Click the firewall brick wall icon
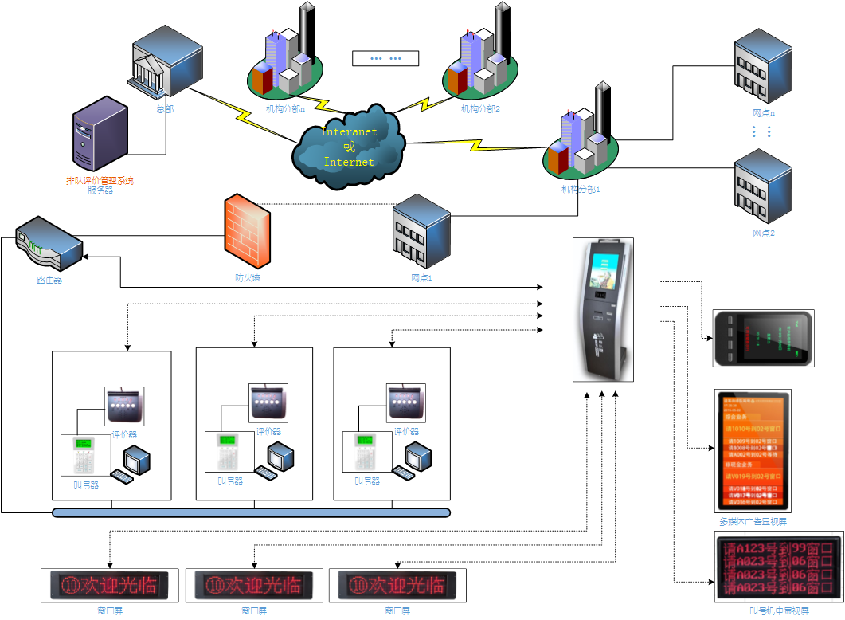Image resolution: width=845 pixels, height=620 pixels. coord(247,231)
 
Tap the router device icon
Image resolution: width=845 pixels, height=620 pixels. coord(49,244)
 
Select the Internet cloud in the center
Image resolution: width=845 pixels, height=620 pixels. coord(349,147)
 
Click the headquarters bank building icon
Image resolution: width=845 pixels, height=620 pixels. coord(166,64)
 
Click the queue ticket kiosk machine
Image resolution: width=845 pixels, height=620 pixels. coord(603,310)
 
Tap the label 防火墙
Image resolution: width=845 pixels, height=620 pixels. coord(248,278)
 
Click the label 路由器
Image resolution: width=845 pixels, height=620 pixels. coord(49,281)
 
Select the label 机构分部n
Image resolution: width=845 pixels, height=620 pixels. coord(286,108)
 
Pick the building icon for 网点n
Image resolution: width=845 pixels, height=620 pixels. coord(763,67)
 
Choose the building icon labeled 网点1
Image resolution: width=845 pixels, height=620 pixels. coord(421,231)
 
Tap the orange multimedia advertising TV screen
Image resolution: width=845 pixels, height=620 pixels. coord(753,450)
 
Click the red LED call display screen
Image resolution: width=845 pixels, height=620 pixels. coord(779,568)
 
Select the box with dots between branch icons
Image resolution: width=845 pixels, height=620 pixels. coord(385,58)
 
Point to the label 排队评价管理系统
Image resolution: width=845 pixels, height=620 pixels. coord(100,181)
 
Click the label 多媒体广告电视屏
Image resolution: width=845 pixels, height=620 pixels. coord(753,522)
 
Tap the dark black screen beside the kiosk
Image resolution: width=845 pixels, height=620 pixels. coord(763,338)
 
